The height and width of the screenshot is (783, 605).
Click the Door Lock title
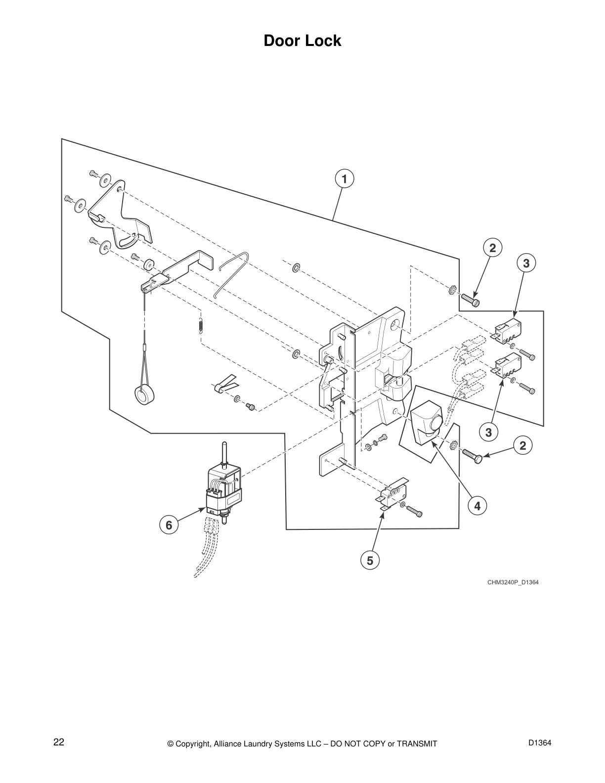(x=302, y=41)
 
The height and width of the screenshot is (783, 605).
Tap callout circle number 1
(x=344, y=178)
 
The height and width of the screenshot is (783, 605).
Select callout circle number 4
(x=477, y=506)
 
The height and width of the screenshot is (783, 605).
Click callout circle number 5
(x=370, y=560)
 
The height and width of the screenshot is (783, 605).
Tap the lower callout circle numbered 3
(x=488, y=433)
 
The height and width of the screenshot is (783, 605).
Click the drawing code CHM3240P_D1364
(x=513, y=582)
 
